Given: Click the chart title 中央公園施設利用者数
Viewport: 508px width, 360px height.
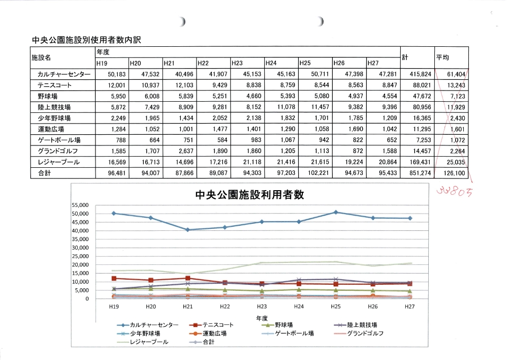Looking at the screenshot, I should point(249,195).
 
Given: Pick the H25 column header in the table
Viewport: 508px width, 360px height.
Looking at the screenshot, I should point(305,63).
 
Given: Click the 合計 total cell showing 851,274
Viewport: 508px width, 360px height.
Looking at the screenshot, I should point(414,173).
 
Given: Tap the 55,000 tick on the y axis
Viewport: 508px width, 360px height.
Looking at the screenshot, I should point(80,205).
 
